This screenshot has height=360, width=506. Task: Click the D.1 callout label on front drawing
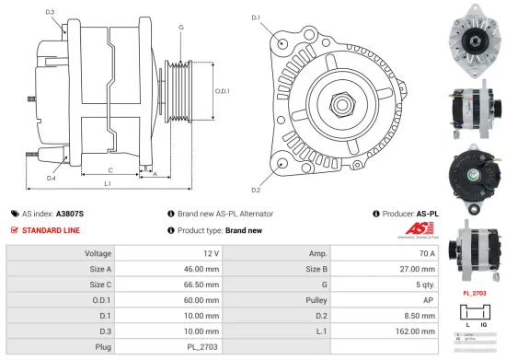255,17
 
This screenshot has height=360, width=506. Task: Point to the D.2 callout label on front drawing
255,191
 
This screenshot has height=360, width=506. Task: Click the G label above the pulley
181,28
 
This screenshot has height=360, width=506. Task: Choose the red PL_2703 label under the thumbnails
474,294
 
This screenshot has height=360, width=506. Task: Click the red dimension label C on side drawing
110,170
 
